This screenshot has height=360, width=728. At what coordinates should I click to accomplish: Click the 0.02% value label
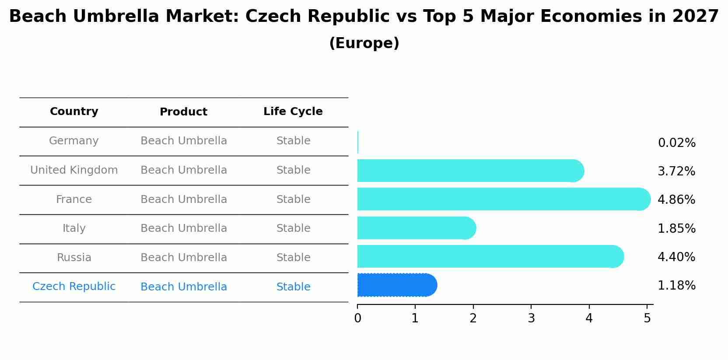pos(676,143)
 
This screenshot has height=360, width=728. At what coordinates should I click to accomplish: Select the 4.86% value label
pos(676,200)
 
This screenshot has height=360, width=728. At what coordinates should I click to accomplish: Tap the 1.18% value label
pos(676,286)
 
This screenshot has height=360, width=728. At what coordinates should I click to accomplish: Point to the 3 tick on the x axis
pos(531,318)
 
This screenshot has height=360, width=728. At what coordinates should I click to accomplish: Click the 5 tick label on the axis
pos(647,318)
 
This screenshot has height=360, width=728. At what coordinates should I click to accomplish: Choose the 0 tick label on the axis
pos(357,318)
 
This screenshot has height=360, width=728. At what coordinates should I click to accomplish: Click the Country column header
pos(74,112)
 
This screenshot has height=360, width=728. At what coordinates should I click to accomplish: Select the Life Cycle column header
pos(293,112)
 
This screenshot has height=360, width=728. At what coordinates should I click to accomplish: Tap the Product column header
pos(183,112)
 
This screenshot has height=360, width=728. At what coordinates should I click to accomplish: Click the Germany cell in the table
pos(74,141)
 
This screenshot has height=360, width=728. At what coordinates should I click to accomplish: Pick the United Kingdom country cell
pos(74,170)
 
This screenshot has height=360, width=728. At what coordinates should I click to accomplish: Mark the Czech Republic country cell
pos(74,287)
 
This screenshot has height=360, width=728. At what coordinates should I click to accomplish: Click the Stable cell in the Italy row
pos(293,228)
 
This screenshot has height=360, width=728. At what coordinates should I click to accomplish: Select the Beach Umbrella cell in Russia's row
pos(184,258)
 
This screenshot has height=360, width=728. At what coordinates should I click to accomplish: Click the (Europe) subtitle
pos(364,43)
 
